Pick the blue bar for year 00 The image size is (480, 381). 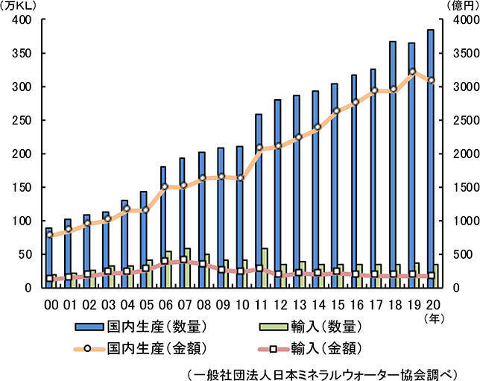[x=48, y=257]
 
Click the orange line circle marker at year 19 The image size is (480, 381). [x=413, y=72]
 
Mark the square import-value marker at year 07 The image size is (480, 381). [x=183, y=259]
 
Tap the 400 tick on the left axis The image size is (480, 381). [x=21, y=20]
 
